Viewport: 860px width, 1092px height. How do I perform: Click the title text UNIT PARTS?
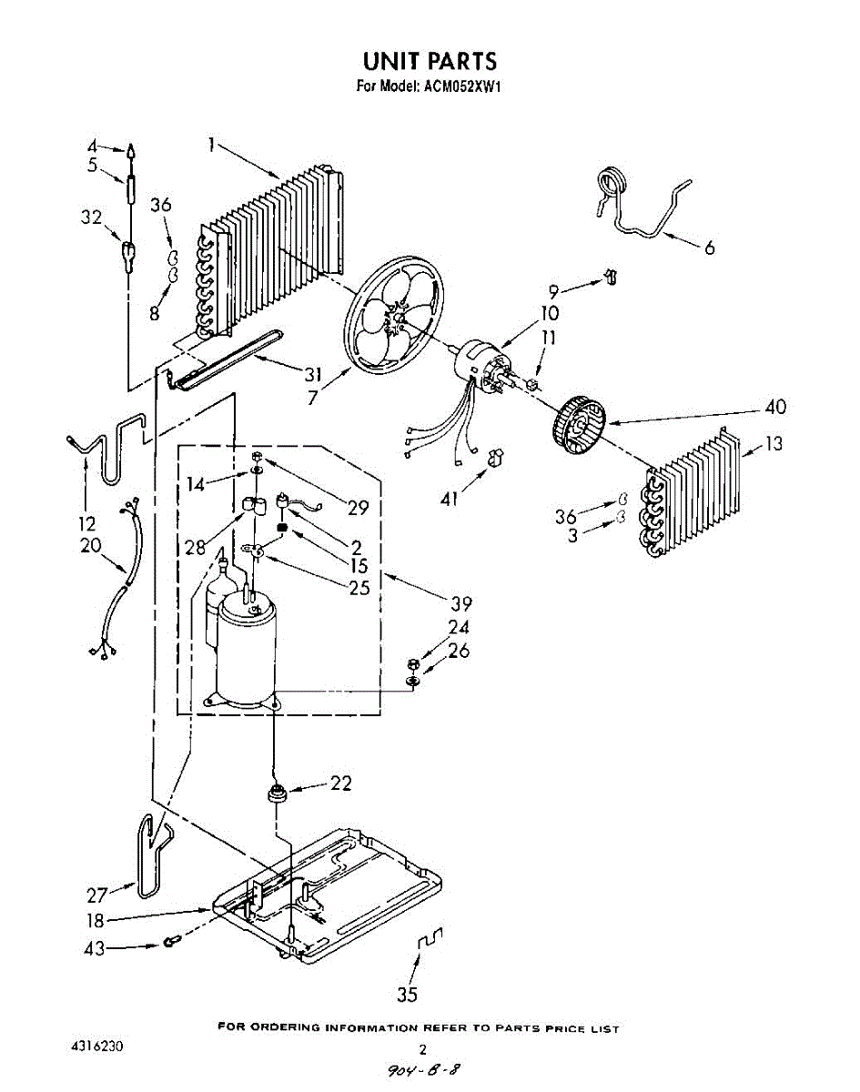coord(430,62)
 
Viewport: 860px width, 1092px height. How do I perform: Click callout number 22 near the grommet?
coord(339,783)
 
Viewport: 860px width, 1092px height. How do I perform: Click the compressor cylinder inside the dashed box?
coord(246,651)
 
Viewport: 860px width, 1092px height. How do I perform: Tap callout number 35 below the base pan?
coord(407,994)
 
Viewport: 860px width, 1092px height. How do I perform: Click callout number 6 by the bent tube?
coord(709,247)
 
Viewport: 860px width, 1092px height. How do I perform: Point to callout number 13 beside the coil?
coord(773,443)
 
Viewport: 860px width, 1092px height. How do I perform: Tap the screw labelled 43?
coord(170,942)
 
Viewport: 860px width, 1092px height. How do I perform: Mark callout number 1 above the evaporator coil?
coord(211,144)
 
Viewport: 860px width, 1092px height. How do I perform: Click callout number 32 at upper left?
coord(91,217)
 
